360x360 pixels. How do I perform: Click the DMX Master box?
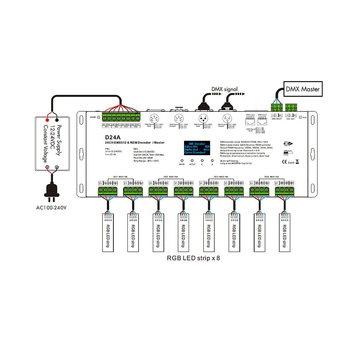pos(303,89)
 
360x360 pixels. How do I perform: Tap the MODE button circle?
pos(182,161)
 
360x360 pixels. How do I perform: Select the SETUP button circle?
pos(192,161)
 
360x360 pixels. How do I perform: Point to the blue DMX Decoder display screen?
pos(197,147)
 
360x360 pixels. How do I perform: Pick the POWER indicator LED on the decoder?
pos(99,117)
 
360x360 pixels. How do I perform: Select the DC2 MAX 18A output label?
pos(171,177)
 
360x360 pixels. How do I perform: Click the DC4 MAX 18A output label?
pos(271,177)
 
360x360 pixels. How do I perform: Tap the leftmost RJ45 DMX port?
pos(250,121)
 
